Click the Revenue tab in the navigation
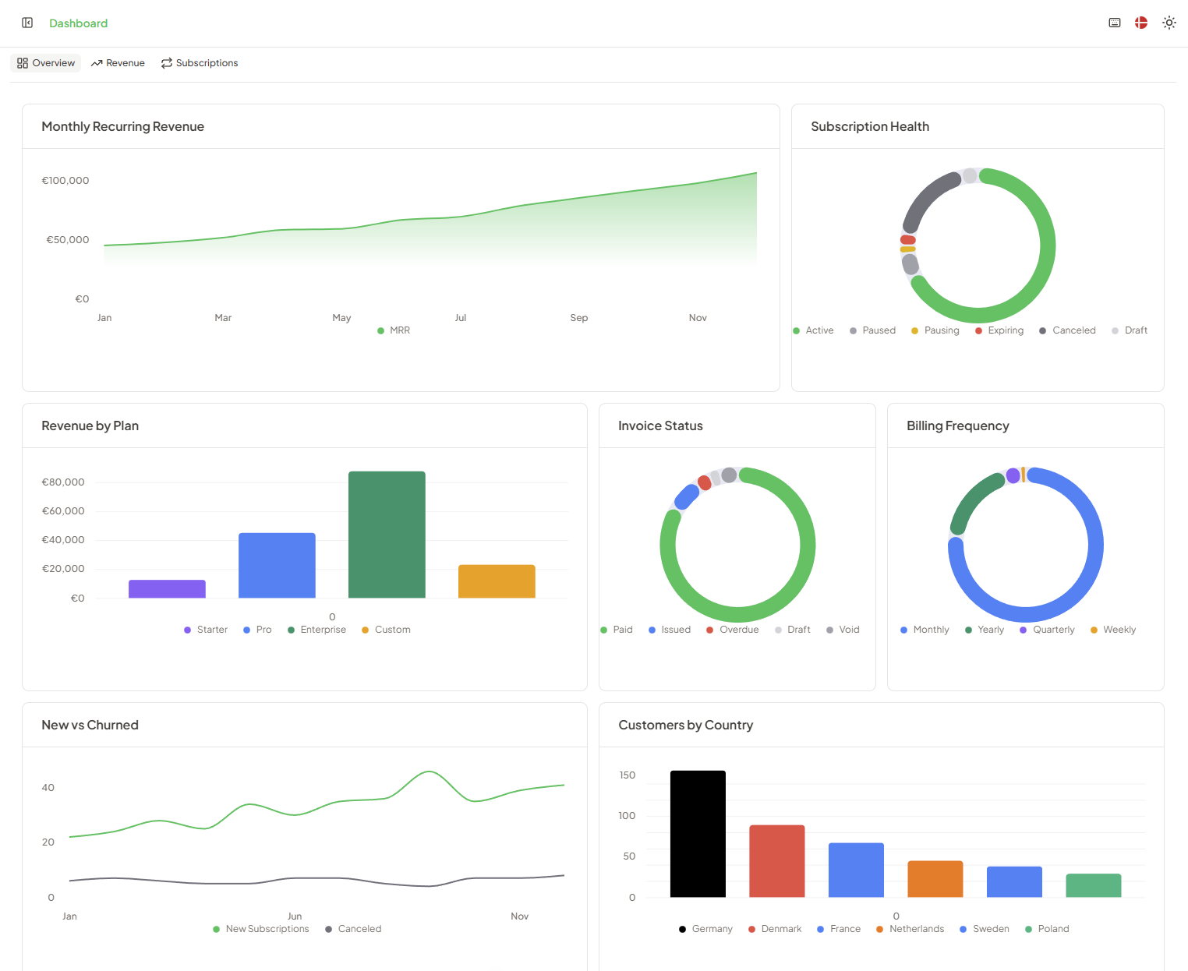click(118, 63)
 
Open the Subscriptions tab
click(200, 63)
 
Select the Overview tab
click(46, 63)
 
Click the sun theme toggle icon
click(1169, 23)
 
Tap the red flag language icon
click(1140, 23)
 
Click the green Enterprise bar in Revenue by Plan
click(387, 535)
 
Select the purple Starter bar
click(167, 589)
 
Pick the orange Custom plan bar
click(497, 581)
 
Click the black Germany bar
click(698, 834)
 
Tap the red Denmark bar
click(776, 861)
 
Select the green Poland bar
click(1093, 885)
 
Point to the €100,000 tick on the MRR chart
click(65, 181)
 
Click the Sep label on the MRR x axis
click(578, 318)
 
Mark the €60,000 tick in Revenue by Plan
click(63, 511)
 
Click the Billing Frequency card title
click(957, 425)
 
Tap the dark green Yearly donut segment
click(971, 500)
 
